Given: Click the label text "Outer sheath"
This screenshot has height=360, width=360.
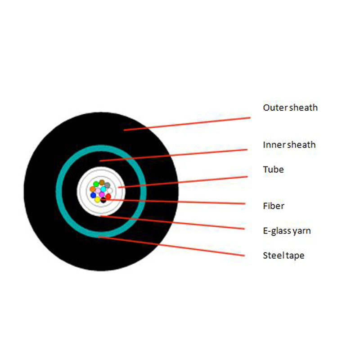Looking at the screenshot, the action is click(290, 108).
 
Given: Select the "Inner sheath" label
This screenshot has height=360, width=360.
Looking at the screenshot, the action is click(289, 144).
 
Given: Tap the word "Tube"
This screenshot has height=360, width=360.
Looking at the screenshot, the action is click(273, 170).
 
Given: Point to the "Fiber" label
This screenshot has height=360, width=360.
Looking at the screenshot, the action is click(274, 206).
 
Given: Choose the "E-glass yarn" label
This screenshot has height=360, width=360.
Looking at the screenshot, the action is click(287, 231).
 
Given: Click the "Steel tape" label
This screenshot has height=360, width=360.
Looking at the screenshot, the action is click(283, 256).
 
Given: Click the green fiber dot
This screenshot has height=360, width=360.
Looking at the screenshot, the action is click(96, 184).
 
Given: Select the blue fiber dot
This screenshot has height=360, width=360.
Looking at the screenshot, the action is click(93, 195).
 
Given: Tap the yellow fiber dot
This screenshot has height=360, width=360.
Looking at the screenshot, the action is click(97, 200).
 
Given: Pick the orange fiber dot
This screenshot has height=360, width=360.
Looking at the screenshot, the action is click(93, 189).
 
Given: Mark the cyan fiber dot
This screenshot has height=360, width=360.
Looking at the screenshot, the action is click(103, 189).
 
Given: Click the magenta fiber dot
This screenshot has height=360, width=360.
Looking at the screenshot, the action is click(102, 195).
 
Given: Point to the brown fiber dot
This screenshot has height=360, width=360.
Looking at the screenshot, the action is click(102, 183).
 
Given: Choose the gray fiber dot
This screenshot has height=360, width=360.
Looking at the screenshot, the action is click(107, 185).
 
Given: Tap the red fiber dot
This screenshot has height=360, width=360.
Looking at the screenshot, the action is click(108, 197).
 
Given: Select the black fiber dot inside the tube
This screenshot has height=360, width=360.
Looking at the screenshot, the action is click(103, 200).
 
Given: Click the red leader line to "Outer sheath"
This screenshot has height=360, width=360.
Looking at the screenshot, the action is click(187, 124).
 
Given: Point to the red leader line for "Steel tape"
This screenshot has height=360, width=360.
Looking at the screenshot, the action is click(171, 246).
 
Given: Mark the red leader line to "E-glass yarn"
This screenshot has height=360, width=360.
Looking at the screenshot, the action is click(172, 222).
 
